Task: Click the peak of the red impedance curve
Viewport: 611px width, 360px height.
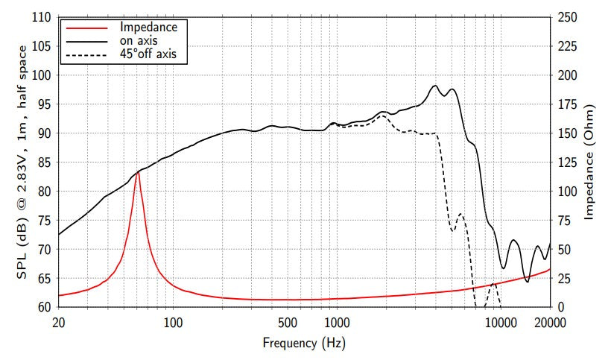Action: [x=137, y=172]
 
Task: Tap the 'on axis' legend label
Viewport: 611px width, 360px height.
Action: [x=138, y=40]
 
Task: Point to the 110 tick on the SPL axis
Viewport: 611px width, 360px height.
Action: [x=41, y=17]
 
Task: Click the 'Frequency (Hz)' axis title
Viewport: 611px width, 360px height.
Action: [x=304, y=344]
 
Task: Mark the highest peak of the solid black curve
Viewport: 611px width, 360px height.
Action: [x=435, y=86]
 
